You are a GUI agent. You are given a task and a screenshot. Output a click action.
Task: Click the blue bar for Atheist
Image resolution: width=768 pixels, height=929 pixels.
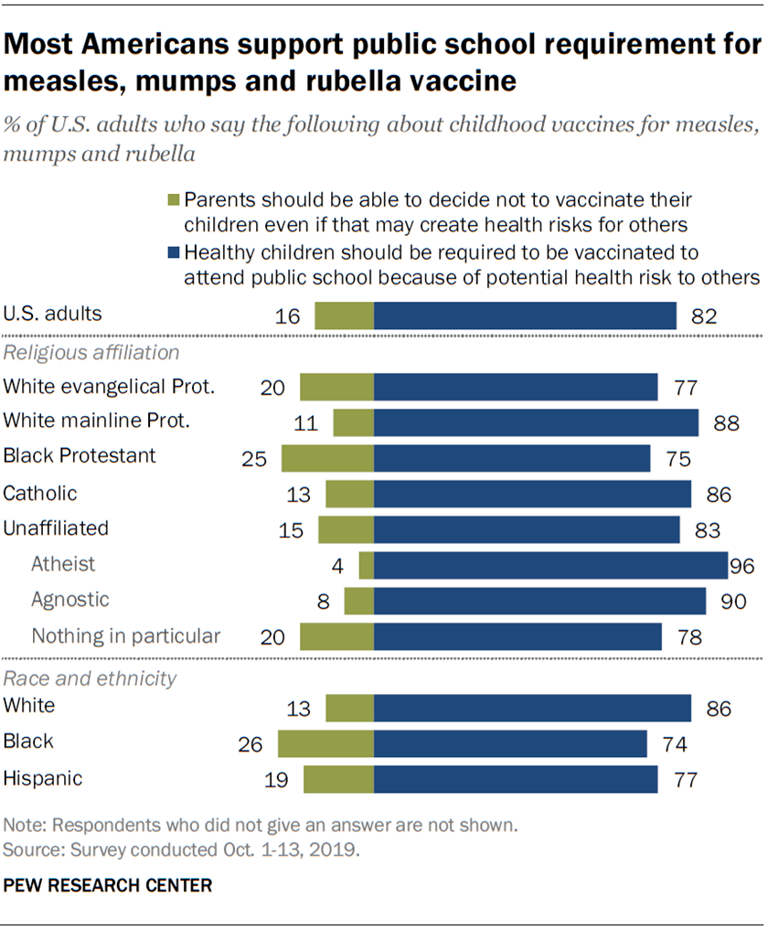pos(550,565)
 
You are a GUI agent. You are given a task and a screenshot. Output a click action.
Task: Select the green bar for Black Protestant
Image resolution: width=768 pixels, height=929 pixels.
pos(327,458)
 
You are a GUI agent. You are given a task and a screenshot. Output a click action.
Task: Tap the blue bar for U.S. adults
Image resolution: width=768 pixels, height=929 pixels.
pos(525,315)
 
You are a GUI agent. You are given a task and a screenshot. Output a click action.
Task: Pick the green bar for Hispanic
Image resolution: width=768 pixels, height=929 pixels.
pos(338,779)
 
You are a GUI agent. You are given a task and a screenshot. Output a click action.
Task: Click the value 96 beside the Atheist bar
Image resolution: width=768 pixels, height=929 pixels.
pos(741,566)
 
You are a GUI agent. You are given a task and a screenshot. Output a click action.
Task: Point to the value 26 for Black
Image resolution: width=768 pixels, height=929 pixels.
pos(251,744)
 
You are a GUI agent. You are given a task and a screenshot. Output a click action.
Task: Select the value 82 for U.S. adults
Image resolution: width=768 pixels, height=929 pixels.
pos(703,316)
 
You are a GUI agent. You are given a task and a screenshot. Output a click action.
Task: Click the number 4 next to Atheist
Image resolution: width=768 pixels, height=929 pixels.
pos(337,566)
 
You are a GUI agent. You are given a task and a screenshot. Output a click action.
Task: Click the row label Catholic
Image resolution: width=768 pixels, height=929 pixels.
pos(40,494)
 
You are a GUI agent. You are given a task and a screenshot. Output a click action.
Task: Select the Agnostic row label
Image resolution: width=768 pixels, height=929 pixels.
pos(70,600)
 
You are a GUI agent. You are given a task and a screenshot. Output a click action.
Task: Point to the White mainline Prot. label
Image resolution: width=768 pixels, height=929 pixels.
pos(96,422)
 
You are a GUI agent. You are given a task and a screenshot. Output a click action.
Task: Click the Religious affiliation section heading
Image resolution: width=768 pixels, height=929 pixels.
pos(91,352)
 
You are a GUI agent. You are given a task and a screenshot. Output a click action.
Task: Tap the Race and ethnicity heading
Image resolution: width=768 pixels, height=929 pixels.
pos(90,678)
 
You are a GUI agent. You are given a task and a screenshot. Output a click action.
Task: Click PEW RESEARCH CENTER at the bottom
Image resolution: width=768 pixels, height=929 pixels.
pos(108,885)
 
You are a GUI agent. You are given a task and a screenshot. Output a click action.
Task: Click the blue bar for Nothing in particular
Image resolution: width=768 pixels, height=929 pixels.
pos(517,636)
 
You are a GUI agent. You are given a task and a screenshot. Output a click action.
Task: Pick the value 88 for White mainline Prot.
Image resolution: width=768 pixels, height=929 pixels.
pos(725,423)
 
